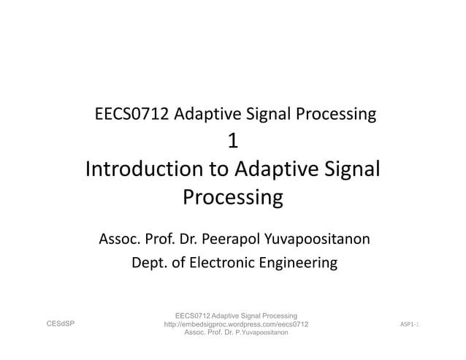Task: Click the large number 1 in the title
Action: click(233, 141)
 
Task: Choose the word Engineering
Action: click(299, 262)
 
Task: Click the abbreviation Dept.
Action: click(147, 262)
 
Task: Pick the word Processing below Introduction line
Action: click(232, 198)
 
